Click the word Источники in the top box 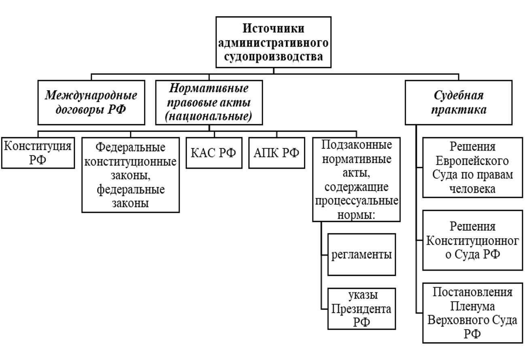point(274,28)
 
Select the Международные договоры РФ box point(91,102)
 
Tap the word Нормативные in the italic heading point(209,89)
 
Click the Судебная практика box point(459,102)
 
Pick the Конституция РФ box point(38,153)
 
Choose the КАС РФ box point(214,153)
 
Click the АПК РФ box point(276,153)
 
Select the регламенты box point(361,254)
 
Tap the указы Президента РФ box point(361,309)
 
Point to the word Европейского point(472,161)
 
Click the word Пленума point(472,307)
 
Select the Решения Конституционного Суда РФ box point(472,240)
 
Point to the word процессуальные point(357,201)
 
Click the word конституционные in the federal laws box point(130,162)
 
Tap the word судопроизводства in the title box point(274,57)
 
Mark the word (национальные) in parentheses point(209,116)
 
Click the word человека point(472,189)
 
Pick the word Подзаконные point(357,145)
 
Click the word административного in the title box point(274,43)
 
